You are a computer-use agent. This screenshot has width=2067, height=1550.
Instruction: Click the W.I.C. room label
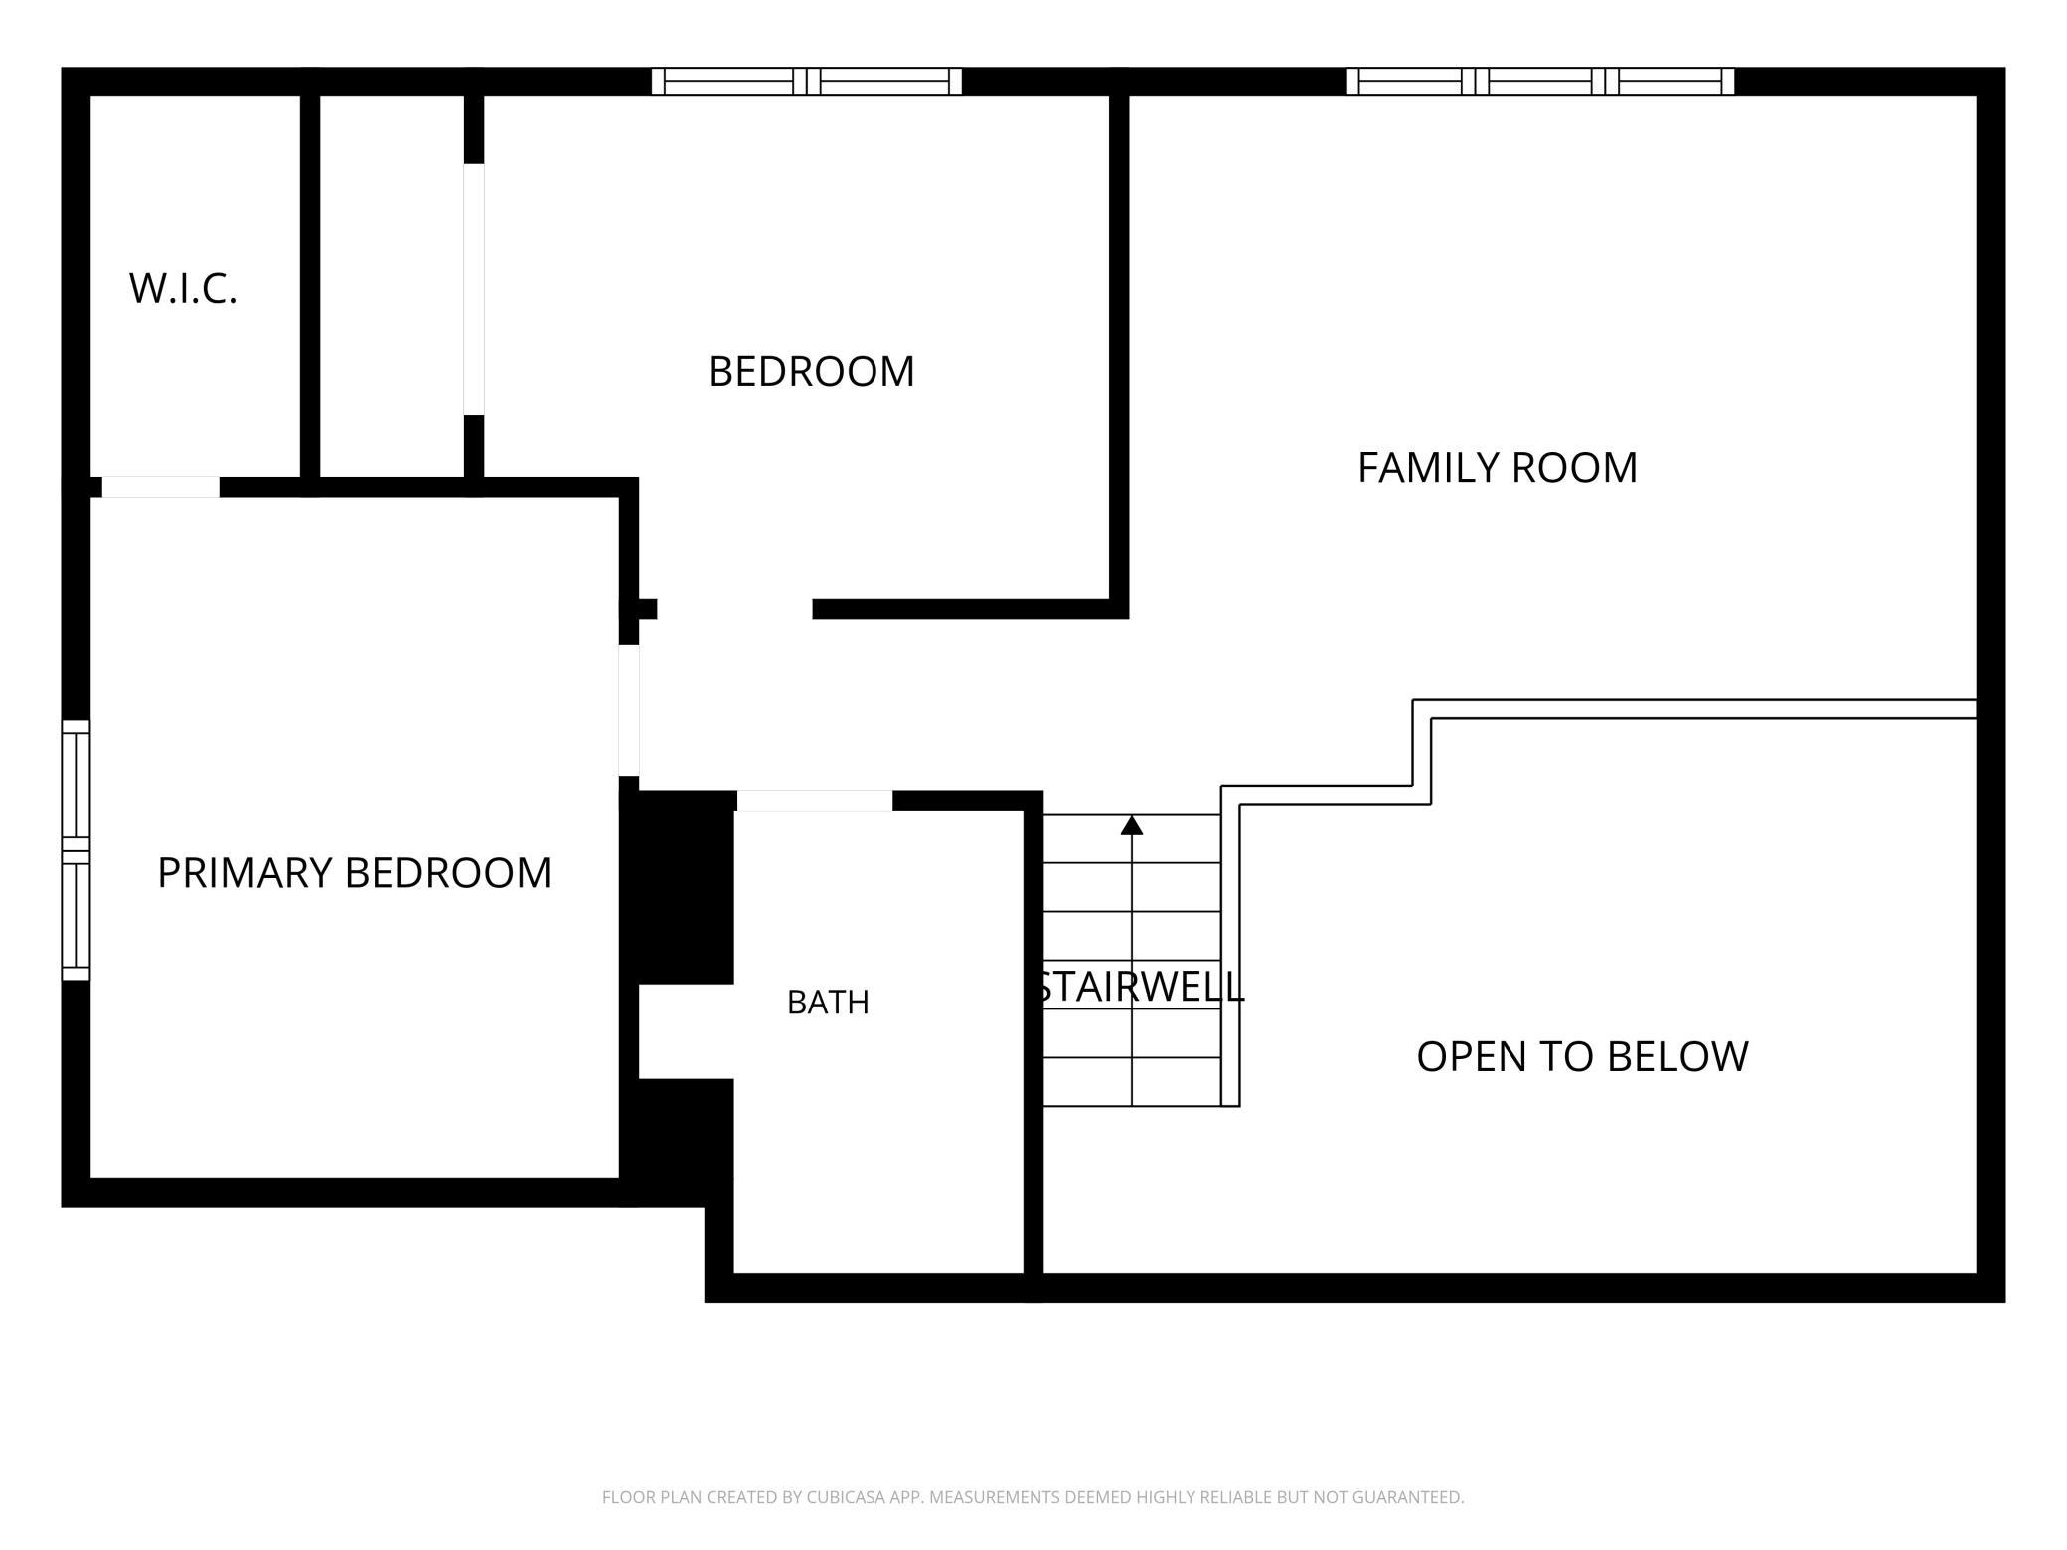point(183,288)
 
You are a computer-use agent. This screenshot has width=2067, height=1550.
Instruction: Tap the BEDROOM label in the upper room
point(811,371)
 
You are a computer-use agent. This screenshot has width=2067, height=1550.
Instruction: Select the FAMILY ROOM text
point(1498,468)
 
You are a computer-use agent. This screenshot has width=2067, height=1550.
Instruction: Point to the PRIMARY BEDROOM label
point(354,873)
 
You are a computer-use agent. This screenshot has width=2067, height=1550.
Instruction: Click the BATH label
point(828,1003)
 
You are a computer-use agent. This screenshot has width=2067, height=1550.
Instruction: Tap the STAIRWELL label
point(1139,987)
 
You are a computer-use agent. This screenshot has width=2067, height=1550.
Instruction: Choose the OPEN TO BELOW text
point(1582,1056)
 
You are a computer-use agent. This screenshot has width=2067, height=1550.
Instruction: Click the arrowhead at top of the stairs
point(1132,825)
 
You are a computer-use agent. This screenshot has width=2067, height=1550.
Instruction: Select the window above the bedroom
point(807,81)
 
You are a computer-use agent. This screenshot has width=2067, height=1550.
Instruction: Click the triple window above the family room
point(1540,81)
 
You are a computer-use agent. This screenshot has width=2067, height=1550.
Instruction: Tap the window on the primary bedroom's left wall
point(77,851)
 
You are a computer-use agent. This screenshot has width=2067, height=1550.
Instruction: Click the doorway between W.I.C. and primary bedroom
point(161,487)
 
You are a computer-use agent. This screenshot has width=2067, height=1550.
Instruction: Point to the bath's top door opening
point(815,801)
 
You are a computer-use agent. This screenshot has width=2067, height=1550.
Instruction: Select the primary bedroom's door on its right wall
point(629,710)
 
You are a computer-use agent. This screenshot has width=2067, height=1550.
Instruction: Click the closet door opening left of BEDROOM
point(474,289)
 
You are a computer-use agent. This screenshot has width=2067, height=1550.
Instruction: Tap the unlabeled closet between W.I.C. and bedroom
point(392,286)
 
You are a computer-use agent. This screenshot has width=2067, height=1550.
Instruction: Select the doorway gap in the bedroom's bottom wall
point(735,609)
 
